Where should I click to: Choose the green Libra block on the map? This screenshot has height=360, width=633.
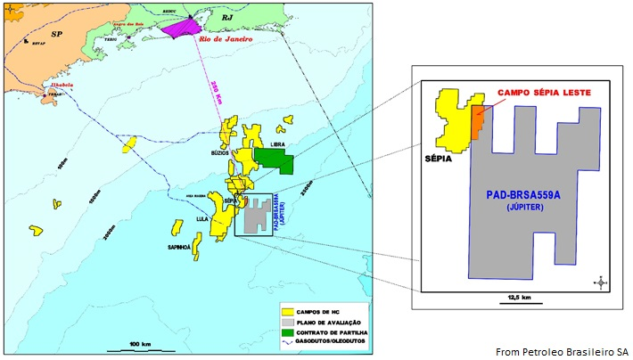pyautogui.click(x=275, y=160)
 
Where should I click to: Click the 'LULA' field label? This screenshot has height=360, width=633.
pyautogui.click(x=201, y=217)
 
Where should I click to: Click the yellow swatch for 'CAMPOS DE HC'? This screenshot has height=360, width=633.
pyautogui.click(x=288, y=313)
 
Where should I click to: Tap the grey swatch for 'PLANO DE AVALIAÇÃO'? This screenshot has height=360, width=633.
pyautogui.click(x=288, y=322)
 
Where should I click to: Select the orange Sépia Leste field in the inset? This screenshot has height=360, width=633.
pyautogui.click(x=479, y=120)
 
